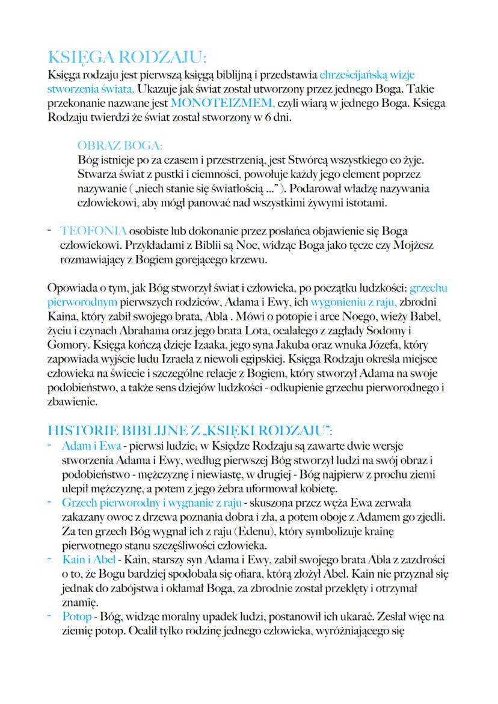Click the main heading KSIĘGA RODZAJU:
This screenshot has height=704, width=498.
[x=126, y=58]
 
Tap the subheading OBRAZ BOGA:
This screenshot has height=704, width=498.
[x=120, y=146]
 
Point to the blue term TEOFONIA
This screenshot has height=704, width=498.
[x=93, y=231]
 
